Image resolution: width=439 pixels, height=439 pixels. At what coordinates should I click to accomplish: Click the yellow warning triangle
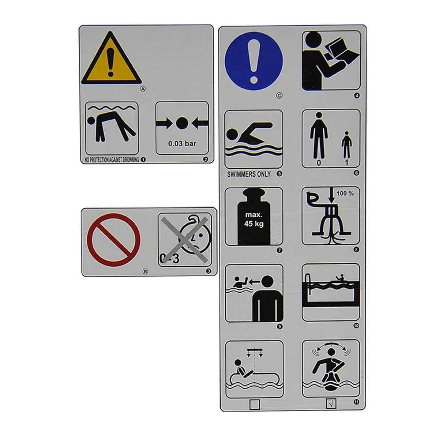click(111, 59)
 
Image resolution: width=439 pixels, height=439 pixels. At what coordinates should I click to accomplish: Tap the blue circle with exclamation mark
click(254, 61)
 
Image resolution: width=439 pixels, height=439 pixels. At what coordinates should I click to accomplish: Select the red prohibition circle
click(114, 240)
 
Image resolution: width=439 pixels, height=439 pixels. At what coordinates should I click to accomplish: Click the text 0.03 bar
click(182, 143)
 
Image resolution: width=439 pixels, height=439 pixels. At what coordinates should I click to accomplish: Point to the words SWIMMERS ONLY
click(249, 174)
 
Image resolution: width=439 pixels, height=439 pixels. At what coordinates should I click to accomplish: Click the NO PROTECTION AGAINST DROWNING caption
click(112, 160)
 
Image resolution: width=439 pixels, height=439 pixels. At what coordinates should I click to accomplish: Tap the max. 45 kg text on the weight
click(254, 219)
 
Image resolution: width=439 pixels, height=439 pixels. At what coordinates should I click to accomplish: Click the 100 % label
click(345, 194)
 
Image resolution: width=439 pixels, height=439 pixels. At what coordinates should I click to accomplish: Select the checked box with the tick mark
click(331, 404)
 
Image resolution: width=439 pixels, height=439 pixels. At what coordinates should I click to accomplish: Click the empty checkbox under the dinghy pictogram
click(255, 404)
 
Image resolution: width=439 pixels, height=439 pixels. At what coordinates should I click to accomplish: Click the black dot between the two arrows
click(182, 124)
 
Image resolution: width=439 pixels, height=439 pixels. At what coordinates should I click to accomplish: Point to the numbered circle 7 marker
click(279, 250)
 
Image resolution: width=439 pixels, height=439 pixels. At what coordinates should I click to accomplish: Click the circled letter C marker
click(279, 96)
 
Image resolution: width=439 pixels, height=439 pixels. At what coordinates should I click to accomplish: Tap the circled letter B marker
click(145, 271)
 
